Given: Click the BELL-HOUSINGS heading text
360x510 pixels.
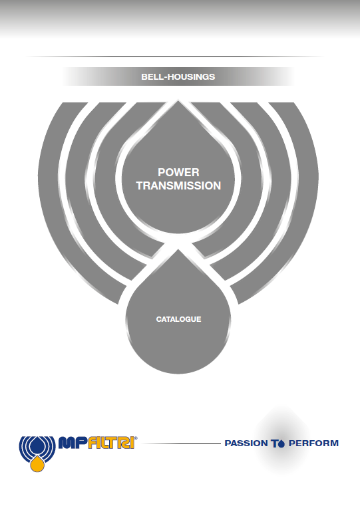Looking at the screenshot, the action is (178, 76).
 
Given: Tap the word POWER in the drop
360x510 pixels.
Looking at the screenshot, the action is (178, 172).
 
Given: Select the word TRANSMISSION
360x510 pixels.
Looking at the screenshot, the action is (178, 186).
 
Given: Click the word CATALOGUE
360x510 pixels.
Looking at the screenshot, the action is (178, 319).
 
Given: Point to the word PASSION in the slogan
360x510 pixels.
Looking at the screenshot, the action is (246, 444).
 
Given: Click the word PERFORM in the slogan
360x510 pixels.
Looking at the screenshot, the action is (314, 444).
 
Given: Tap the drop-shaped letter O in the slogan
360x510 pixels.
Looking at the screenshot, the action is (281, 444).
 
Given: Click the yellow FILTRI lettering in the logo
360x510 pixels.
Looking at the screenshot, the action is (111, 443).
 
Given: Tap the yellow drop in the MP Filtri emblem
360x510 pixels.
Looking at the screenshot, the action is (37, 464).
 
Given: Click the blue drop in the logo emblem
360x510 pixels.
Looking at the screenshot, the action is (37, 446).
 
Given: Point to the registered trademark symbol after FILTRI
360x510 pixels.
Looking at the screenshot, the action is (136, 438).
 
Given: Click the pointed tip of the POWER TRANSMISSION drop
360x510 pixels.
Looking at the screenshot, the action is (178, 101).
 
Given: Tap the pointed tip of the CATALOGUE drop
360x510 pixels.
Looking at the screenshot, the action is (178, 250).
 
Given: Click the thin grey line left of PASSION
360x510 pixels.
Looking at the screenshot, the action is (182, 444).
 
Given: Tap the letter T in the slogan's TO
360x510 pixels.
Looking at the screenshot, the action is (275, 444).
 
